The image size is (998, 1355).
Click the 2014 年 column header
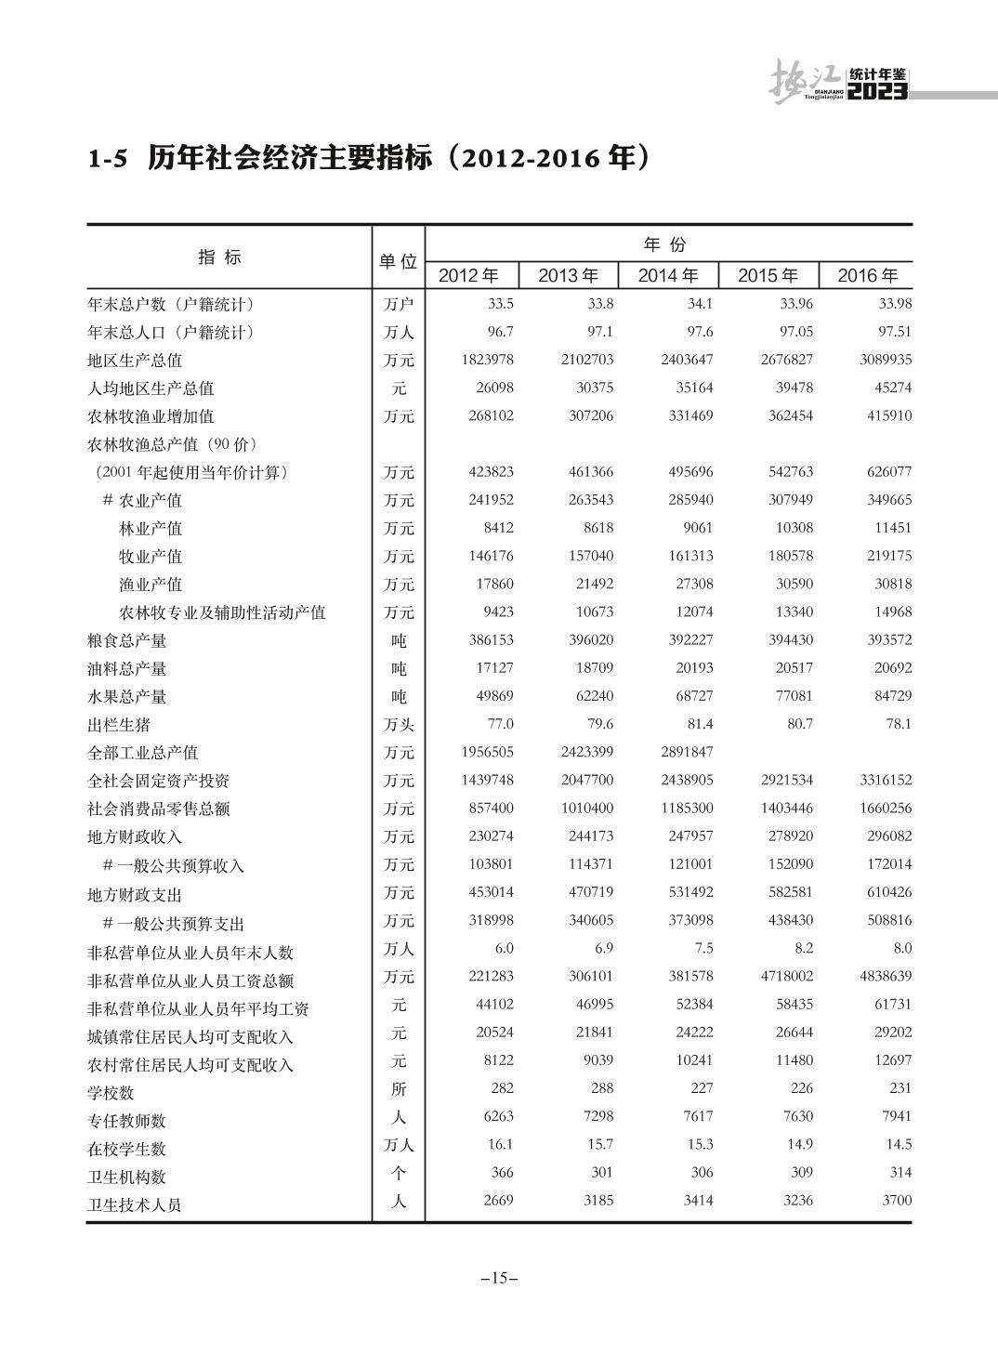coord(668,276)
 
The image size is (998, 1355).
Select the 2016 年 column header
coord(868,276)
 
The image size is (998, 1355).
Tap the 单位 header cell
coord(398,262)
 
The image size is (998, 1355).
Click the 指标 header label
coord(220,257)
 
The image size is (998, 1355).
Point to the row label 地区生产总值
coord(134,361)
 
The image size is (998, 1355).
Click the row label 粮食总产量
coord(126,641)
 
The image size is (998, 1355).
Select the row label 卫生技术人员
coord(134,1205)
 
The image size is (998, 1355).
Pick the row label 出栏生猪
coord(118,725)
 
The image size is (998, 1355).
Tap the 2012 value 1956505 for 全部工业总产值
coord(487,752)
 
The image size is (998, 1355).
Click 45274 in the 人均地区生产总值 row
coord(892,388)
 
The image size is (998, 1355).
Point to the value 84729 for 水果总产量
coord(892,696)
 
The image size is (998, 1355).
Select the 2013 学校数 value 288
coord(601,1088)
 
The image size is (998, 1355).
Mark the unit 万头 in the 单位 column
coord(399,725)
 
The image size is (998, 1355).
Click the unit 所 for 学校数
coord(399,1089)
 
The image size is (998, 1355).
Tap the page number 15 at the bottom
coord(499,1278)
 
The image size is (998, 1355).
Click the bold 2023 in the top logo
coord(877,92)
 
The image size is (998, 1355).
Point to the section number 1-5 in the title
coord(106,160)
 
